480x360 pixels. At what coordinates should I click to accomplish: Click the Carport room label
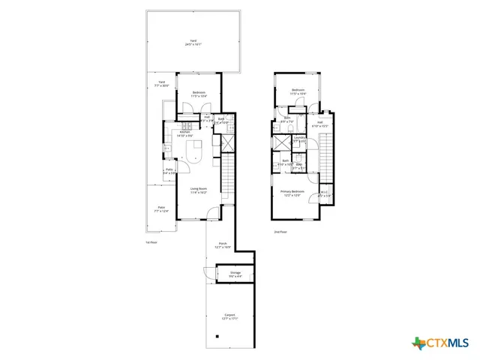click(229, 316)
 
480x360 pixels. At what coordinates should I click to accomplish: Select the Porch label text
click(223, 245)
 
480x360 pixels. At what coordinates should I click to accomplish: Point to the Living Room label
click(198, 190)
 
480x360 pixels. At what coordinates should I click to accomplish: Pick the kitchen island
click(196, 154)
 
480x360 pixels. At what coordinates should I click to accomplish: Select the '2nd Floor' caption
click(280, 232)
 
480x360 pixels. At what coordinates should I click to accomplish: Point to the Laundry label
click(299, 139)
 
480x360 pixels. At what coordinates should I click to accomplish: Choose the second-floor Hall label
click(319, 124)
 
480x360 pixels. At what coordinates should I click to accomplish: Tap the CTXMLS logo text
click(448, 343)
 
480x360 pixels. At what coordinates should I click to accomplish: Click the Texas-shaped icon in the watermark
click(418, 343)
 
